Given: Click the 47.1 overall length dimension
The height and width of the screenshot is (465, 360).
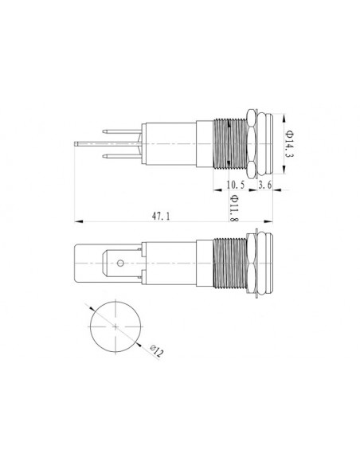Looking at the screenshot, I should coord(161,214).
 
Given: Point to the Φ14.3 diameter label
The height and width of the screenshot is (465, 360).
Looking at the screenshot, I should coord(287,143).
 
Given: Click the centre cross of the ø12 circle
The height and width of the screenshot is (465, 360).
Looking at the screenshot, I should coord(116,328).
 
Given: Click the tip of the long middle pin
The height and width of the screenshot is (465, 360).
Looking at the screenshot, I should coord(76,143).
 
